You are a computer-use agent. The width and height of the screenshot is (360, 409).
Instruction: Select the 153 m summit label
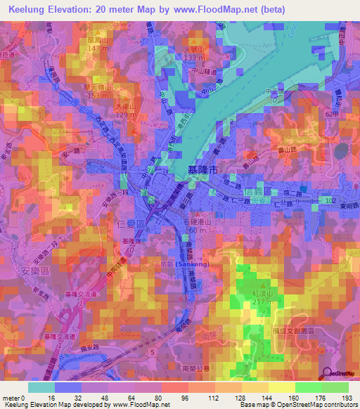(x=98, y=95)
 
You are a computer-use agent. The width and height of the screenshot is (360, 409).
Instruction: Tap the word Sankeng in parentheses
(x=191, y=264)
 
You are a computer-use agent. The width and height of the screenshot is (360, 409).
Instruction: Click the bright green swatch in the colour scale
(x=309, y=387)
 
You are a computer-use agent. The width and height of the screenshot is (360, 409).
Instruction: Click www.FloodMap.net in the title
(x=200, y=9)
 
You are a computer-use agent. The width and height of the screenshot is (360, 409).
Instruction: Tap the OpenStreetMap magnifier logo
(x=326, y=372)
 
